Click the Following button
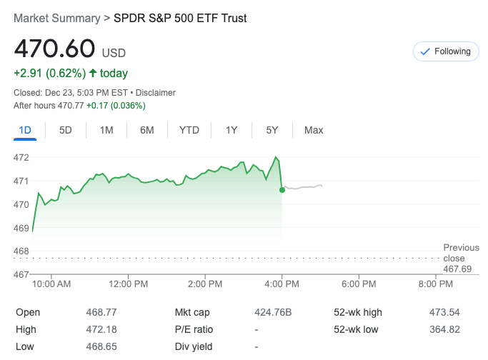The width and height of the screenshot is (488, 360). (446, 51)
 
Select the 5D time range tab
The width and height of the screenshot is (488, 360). (66, 130)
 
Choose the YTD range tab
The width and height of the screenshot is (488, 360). (189, 130)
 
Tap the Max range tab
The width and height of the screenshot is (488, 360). (314, 130)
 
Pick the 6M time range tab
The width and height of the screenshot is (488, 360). (147, 130)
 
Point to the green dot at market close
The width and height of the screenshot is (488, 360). (282, 190)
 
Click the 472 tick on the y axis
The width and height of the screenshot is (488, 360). (21, 157)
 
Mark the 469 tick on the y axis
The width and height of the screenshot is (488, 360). (21, 228)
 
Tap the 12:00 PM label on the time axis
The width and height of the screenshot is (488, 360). (129, 284)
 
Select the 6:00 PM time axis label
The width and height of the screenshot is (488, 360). (359, 284)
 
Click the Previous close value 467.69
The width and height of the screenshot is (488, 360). (457, 269)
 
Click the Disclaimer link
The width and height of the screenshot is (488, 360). (156, 93)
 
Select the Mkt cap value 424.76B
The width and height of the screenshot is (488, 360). (274, 312)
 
